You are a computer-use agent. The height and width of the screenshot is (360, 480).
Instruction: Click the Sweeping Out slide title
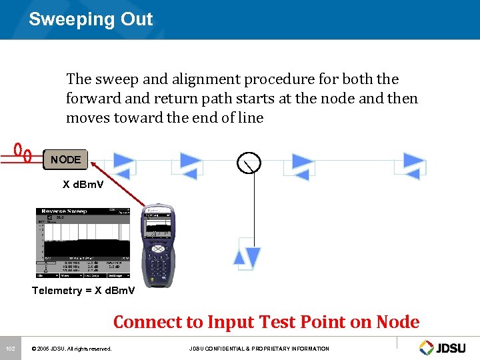pos(91,19)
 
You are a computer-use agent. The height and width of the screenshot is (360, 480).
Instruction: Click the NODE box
pos(65,159)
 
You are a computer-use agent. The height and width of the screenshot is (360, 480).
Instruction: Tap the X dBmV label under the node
pos(83,184)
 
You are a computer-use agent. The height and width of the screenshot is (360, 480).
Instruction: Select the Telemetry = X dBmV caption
pos(83,291)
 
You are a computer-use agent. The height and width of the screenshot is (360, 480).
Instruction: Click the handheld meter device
pos(158,243)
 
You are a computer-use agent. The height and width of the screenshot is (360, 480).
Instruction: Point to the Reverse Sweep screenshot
pos(83,243)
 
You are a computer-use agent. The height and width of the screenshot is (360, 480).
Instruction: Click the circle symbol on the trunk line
pos(249,161)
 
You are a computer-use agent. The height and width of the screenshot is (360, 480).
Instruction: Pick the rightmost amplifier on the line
pos(415,165)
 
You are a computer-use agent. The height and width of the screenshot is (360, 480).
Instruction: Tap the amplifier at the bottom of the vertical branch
pos(247,254)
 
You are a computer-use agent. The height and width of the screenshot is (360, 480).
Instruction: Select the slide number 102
pos(10,349)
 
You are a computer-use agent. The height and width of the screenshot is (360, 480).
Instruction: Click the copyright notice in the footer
pos(71,349)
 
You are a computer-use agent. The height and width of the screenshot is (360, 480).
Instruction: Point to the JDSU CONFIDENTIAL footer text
pos(259,349)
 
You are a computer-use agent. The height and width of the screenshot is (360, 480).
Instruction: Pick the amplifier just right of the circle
pos(303,165)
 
